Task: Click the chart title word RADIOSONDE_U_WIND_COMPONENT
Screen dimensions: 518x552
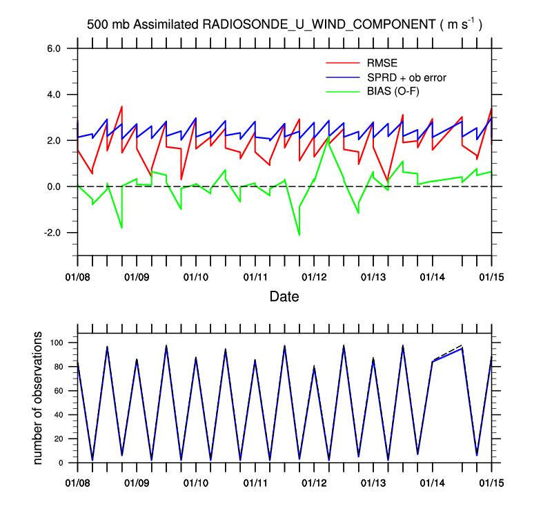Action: coord(317,24)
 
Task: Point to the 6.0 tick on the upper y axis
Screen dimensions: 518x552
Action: coord(54,48)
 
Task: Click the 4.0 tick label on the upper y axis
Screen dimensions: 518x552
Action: coord(54,95)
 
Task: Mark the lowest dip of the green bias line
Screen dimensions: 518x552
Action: coord(299,235)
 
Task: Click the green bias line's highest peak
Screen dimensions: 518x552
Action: coord(328,142)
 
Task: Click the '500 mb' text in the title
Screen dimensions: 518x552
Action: coord(108,24)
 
